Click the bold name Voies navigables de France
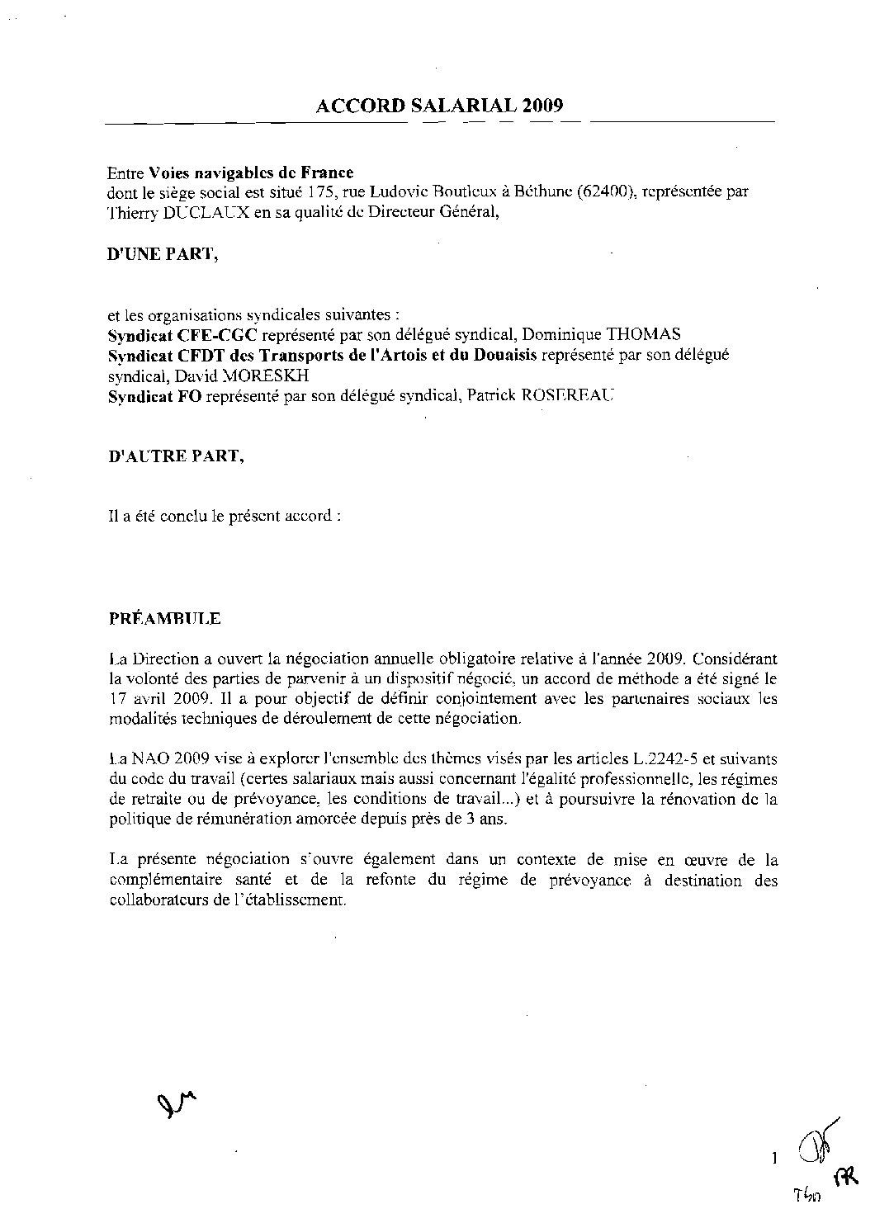pyautogui.click(x=251, y=172)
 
